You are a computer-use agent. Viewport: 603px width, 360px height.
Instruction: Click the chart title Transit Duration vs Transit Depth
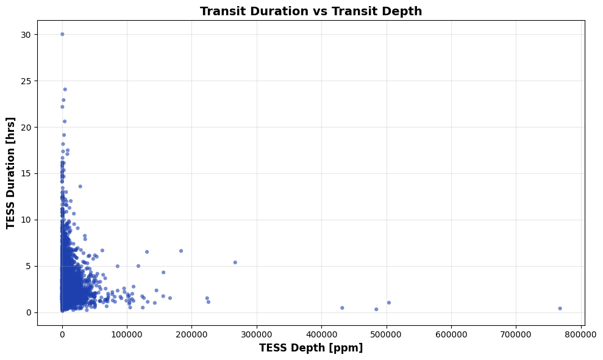[x=311, y=11]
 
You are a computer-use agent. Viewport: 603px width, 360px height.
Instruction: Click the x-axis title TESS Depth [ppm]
[x=311, y=348]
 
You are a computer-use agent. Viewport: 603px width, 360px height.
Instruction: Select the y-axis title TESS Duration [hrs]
[x=11, y=173]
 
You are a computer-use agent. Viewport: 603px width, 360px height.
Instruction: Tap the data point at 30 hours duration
[x=62, y=34]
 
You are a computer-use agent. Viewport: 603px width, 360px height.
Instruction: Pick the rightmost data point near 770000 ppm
[x=560, y=308]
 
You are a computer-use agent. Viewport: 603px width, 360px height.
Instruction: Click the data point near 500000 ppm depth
[x=388, y=303]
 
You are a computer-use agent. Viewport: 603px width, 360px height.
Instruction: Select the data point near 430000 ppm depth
[x=342, y=308]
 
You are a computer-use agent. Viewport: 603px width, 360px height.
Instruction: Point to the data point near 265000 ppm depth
[x=235, y=262]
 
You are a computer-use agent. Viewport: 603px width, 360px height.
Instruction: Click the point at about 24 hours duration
[x=65, y=89]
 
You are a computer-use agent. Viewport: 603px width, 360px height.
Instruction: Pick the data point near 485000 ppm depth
[x=376, y=309]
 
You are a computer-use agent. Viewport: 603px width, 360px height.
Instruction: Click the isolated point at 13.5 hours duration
[x=80, y=187]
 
